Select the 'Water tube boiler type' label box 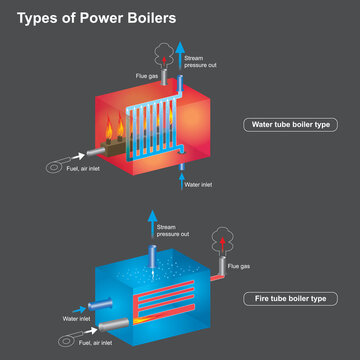(x=289, y=125)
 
